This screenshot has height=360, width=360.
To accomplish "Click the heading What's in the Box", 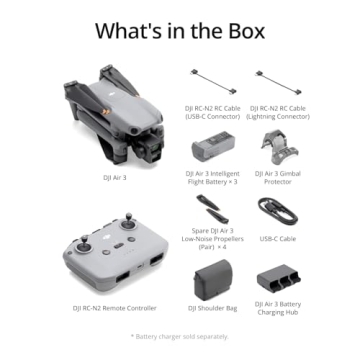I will click(180, 29).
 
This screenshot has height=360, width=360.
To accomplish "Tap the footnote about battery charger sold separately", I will click(180, 337).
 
